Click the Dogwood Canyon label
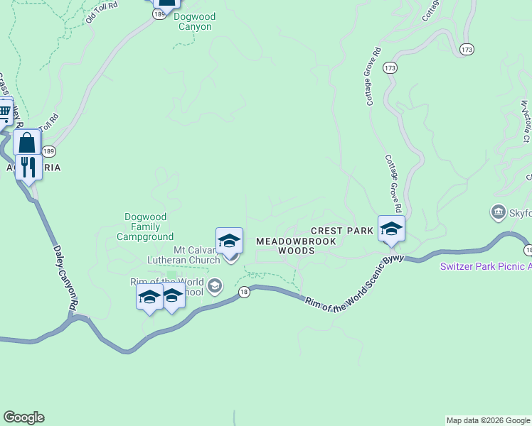coord(194,21)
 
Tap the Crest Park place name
coord(342,231)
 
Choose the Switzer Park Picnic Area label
coord(485,266)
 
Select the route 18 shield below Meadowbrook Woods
coord(244,293)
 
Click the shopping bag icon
coord(27,142)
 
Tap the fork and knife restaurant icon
coord(28,167)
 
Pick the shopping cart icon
coord(4,111)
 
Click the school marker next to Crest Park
coord(391,229)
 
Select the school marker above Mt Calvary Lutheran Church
coord(229,241)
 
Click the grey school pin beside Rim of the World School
coord(216,286)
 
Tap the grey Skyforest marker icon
coord(498,212)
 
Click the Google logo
coord(23,417)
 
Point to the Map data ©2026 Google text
coord(488,420)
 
